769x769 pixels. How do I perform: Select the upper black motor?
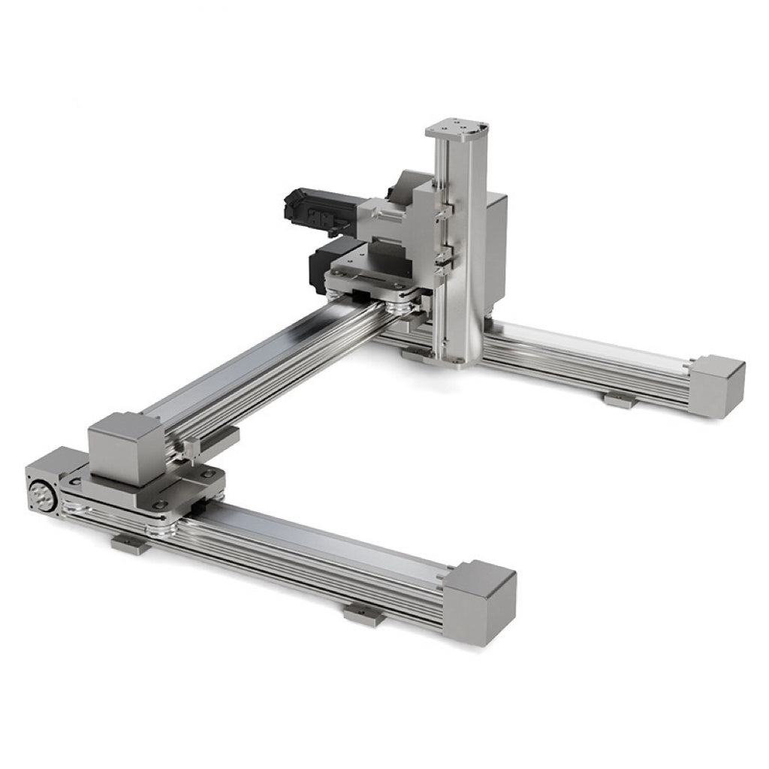(x=312, y=206)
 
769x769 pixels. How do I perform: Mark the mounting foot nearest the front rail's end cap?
(x=364, y=615)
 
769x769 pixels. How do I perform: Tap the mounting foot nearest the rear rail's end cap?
(x=621, y=400)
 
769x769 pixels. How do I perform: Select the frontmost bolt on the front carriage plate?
(x=159, y=505)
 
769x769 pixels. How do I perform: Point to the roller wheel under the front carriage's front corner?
(x=161, y=529)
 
